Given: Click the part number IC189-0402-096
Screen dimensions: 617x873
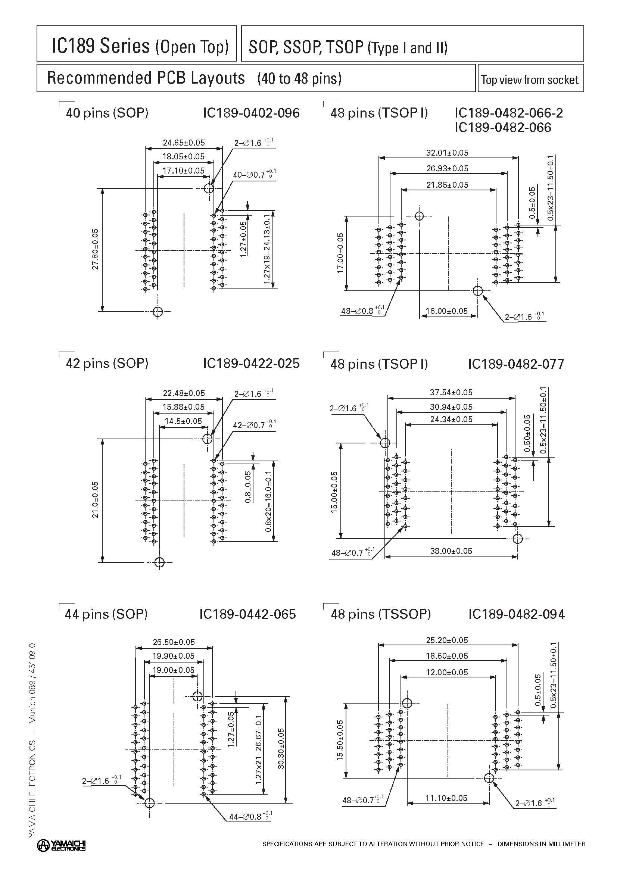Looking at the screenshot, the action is [x=251, y=113].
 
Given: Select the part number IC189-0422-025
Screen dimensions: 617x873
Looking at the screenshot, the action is [x=251, y=363].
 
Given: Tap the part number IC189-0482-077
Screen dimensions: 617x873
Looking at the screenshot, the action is [x=516, y=364].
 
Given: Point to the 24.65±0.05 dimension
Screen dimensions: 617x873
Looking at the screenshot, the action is [x=184, y=143].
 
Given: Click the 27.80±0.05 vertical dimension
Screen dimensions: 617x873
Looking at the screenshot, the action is [x=95, y=249].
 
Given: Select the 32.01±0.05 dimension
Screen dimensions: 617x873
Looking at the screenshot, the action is [x=447, y=153].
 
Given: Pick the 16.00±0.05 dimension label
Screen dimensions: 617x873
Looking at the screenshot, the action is [x=446, y=311].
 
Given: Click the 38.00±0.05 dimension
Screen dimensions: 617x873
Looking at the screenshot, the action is [x=451, y=551].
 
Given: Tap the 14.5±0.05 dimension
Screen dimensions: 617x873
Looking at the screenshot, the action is [x=183, y=421].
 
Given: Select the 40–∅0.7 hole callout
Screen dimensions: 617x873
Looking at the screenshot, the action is [x=254, y=174].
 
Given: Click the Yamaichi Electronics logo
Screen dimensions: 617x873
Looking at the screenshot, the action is [x=61, y=845].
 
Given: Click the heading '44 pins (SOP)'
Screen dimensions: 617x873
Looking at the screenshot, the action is [x=106, y=614].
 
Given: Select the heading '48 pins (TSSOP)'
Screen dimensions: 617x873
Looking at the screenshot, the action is [x=381, y=614].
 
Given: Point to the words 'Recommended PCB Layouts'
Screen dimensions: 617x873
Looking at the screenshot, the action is [x=146, y=78].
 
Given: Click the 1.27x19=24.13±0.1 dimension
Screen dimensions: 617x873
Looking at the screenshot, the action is [x=267, y=249].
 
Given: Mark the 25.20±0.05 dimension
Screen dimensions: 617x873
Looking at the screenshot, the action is [x=447, y=640].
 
